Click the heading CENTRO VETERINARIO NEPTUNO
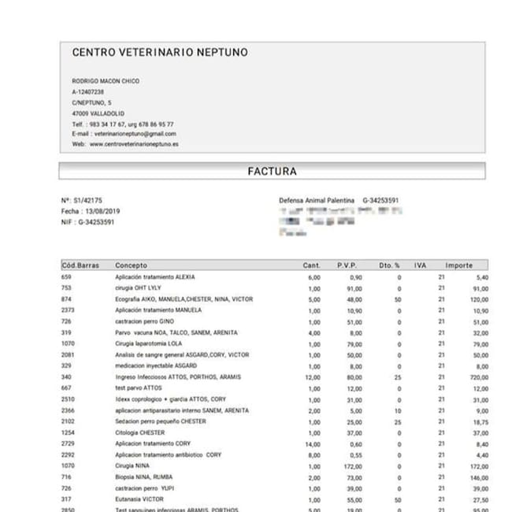(160, 53)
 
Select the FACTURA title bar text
(272, 171)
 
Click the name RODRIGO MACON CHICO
(106, 81)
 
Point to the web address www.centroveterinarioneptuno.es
(134, 145)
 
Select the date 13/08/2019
(101, 212)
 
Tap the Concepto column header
(131, 265)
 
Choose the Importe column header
(459, 265)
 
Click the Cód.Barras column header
(80, 265)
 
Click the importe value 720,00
(478, 377)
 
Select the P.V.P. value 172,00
(351, 466)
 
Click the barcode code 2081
(68, 355)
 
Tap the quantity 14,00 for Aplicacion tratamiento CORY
(314, 444)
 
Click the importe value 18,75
(480, 422)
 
